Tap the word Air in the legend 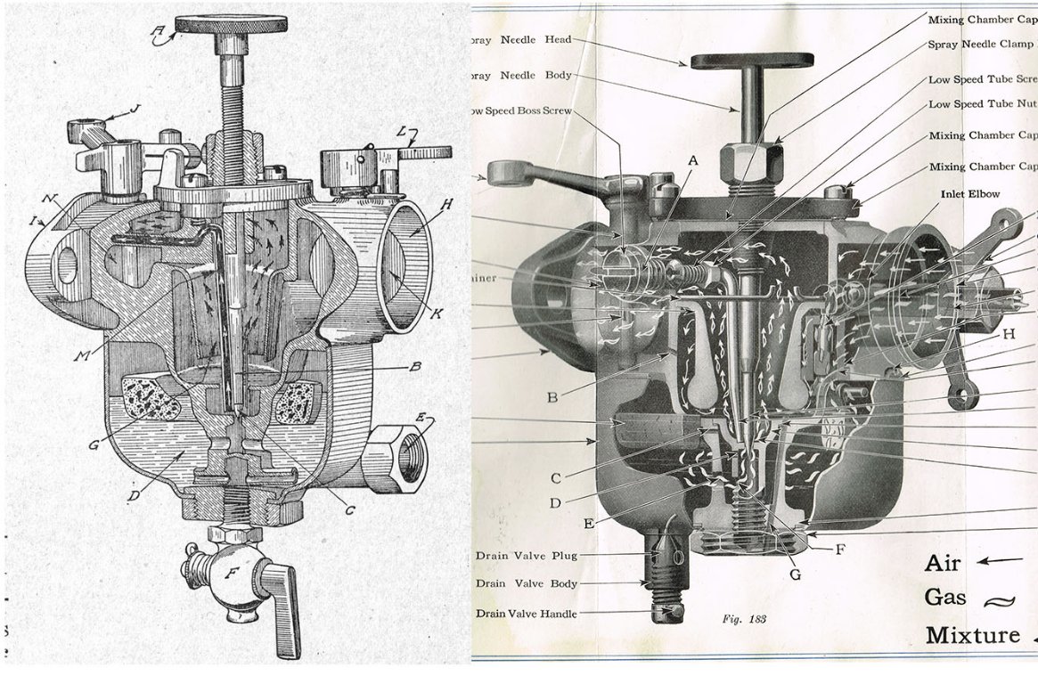[x=944, y=563]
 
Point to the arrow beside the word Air [x=1002, y=561]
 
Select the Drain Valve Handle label [x=526, y=614]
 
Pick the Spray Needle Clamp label [x=981, y=44]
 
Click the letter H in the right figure [x=1008, y=334]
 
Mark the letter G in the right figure [x=796, y=574]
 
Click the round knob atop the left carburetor [x=231, y=25]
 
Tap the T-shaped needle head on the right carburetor [x=752, y=61]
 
